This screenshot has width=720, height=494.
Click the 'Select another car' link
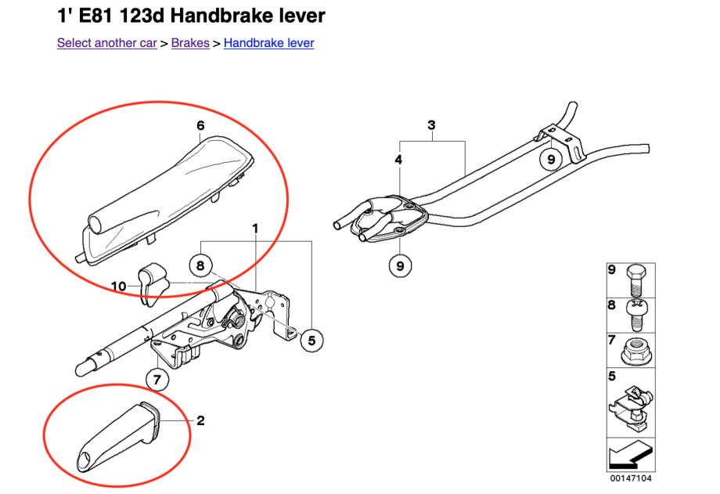coord(107,43)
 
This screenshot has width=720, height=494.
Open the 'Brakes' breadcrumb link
coord(190,43)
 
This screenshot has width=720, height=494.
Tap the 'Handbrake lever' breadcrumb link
coord(268,43)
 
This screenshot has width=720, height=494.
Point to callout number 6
coord(200,125)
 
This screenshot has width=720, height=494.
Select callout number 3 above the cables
coord(431,125)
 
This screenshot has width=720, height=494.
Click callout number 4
coord(400,160)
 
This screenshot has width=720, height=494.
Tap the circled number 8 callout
coord(200,265)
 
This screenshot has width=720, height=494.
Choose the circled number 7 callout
coord(157,380)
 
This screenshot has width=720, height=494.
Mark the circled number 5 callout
coord(311,340)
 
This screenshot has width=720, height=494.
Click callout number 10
coord(118,287)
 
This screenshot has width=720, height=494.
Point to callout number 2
coord(200,420)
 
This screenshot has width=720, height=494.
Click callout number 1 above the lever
coord(255,228)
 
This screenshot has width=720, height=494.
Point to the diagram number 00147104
coord(631,478)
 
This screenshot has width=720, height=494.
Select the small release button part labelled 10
coord(149,281)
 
